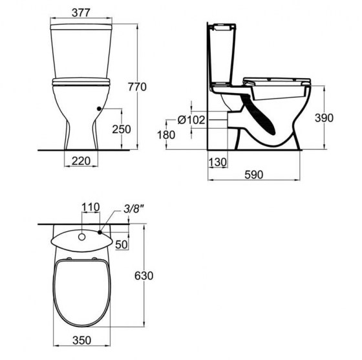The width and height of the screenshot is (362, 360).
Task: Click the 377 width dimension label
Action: pos(81,13)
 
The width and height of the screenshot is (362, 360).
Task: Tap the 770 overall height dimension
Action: pos(137,87)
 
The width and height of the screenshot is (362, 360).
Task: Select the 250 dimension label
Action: pos(122,129)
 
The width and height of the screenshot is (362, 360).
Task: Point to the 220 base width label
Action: pos(81,161)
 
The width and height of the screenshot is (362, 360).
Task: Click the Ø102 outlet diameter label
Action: pos(191,120)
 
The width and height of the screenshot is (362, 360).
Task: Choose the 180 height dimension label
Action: pos(166,135)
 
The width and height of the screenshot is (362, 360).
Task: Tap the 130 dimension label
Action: pos(217,162)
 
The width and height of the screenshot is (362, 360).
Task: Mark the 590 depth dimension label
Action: pos(253,175)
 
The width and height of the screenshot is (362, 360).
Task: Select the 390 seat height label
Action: pos(324,118)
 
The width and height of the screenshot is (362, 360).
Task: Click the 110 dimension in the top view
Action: pos(90,207)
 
